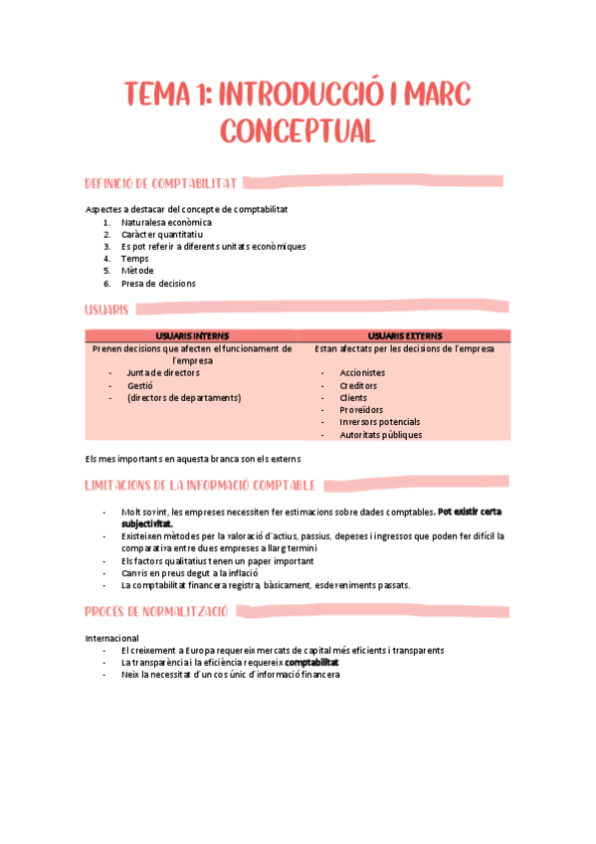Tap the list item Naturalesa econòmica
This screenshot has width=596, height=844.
coord(166,222)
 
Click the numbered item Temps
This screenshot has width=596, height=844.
coord(135,258)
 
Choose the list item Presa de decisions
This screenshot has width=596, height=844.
coord(158,283)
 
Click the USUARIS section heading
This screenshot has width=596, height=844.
coord(106,310)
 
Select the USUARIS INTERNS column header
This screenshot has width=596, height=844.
coord(192,336)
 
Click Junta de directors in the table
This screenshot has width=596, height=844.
coord(163,373)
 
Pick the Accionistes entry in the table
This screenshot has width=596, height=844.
coord(362,373)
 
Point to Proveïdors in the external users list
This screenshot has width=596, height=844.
coord(361,409)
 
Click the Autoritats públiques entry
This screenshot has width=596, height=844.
coord(380,434)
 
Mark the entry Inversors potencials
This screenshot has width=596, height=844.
coord(379,422)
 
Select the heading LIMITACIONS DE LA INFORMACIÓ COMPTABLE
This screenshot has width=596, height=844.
coord(201,486)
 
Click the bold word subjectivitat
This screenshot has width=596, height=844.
coord(147,524)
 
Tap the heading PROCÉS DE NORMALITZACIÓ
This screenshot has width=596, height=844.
coord(156,610)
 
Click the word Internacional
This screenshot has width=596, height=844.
coord(111,637)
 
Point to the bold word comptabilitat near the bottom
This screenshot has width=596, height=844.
coord(311,662)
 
